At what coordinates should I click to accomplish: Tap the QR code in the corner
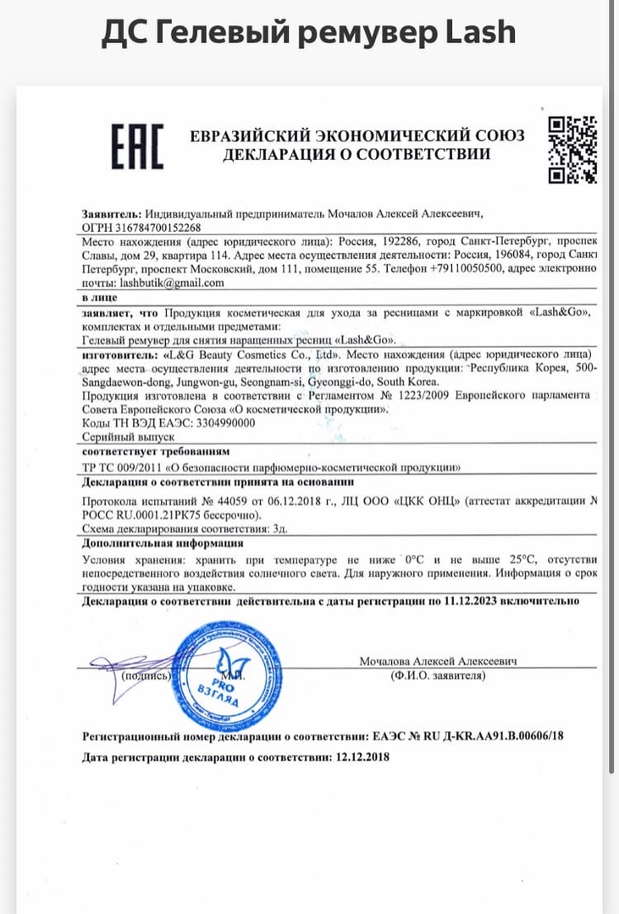pos(572,149)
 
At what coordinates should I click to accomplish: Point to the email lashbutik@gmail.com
pos(172,283)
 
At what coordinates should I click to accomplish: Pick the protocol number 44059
pos(214,501)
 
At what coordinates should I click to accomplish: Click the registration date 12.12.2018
pos(362,757)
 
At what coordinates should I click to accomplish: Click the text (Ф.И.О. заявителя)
pos(438,675)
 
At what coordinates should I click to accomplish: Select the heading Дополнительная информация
pos(163,543)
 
